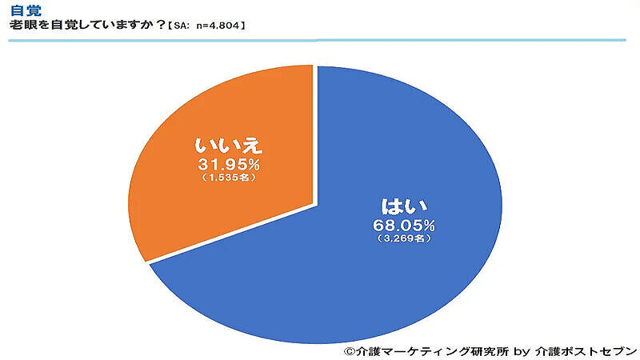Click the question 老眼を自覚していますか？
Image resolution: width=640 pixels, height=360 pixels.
pos(84,25)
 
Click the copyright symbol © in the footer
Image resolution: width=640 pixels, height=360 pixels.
pos(349,350)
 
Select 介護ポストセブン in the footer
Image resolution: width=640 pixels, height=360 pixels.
pos(585,350)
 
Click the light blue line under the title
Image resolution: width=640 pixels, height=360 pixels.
pos(320,39)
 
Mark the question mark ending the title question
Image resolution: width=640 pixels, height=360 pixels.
pos(161,25)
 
